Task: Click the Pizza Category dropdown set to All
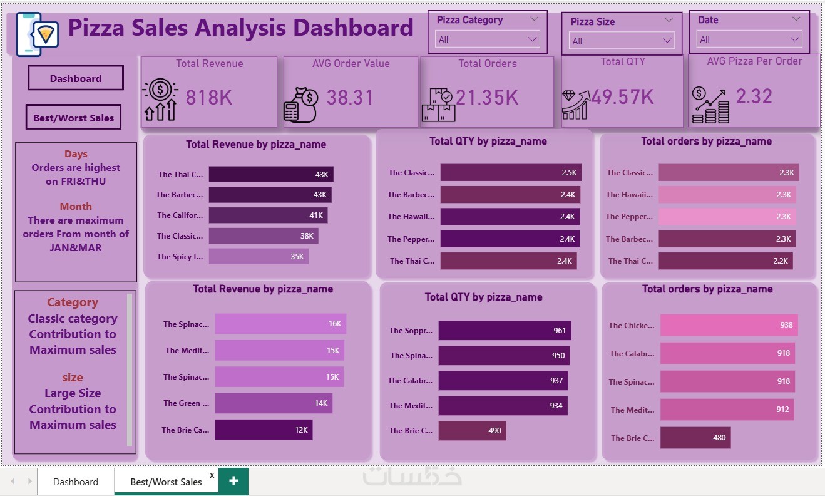[x=487, y=39]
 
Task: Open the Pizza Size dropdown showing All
[x=622, y=41]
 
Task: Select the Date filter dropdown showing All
[x=749, y=39]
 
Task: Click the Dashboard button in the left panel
[x=76, y=78]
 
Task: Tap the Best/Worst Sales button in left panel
[x=73, y=118]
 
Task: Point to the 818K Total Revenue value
[x=209, y=98]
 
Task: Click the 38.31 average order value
[x=350, y=98]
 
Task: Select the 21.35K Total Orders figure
[x=487, y=98]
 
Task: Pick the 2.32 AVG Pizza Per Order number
[x=754, y=96]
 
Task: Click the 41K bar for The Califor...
[x=268, y=215]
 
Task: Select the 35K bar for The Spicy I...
[x=259, y=257]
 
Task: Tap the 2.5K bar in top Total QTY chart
[x=511, y=172]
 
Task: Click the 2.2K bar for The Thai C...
[x=725, y=261]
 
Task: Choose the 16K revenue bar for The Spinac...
[x=280, y=324]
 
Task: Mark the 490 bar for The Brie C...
[x=472, y=430]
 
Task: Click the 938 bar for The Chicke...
[x=729, y=324]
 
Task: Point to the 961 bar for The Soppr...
[x=505, y=330]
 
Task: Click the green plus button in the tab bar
[x=233, y=481]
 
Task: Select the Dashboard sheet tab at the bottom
[x=76, y=482]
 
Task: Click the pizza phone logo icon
[x=37, y=34]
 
